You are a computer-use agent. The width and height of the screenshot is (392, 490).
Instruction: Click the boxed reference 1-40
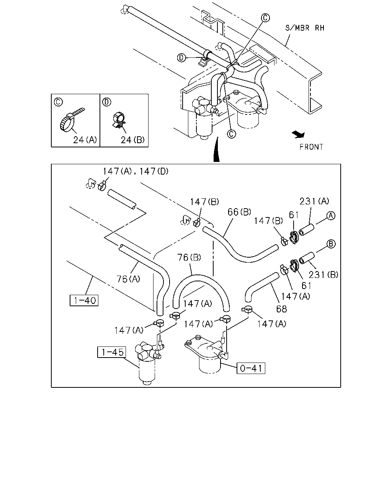[84, 301]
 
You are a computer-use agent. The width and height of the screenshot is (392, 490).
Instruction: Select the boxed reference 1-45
[111, 352]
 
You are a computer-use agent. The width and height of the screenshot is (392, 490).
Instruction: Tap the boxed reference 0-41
[251, 368]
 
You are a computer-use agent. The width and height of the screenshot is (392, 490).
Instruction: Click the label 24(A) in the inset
[85, 140]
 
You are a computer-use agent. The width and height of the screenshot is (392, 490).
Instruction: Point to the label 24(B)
[132, 140]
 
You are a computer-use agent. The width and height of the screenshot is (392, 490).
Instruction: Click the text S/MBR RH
[305, 28]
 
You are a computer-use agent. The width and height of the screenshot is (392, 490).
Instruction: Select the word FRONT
[311, 147]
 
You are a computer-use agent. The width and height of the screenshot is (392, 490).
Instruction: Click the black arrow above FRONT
[299, 135]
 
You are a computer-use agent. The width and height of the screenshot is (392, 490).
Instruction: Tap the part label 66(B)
[239, 212]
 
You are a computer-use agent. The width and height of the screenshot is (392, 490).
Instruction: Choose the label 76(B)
[189, 257]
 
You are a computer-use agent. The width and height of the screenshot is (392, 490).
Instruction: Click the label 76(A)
[128, 279]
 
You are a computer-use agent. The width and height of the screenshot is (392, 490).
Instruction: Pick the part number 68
[281, 309]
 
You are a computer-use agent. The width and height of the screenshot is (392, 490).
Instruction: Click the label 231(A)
[314, 201]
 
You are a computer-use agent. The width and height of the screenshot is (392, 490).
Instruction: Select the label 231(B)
[323, 275]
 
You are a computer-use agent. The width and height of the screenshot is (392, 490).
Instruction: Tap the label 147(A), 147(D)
[136, 171]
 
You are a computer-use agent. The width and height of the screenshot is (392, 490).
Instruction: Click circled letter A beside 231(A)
[331, 216]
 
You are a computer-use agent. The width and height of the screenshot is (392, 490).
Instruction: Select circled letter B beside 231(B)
[331, 244]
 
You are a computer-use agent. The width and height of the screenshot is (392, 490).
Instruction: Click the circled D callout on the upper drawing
[181, 57]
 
